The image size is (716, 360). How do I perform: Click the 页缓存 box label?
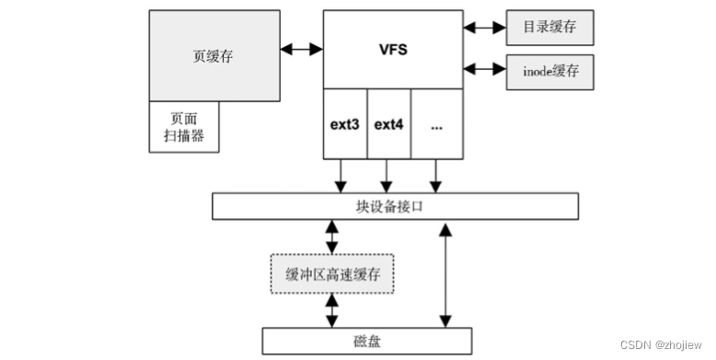(214, 54)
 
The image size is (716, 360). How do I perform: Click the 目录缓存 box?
(549, 28)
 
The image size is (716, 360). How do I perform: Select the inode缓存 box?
(549, 71)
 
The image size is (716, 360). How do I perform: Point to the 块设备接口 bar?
(395, 206)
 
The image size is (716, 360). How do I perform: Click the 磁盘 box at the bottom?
(367, 342)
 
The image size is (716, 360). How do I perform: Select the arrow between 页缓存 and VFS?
(301, 45)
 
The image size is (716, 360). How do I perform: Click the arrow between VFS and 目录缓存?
(484, 28)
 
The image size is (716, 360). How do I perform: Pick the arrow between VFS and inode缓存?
(484, 69)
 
